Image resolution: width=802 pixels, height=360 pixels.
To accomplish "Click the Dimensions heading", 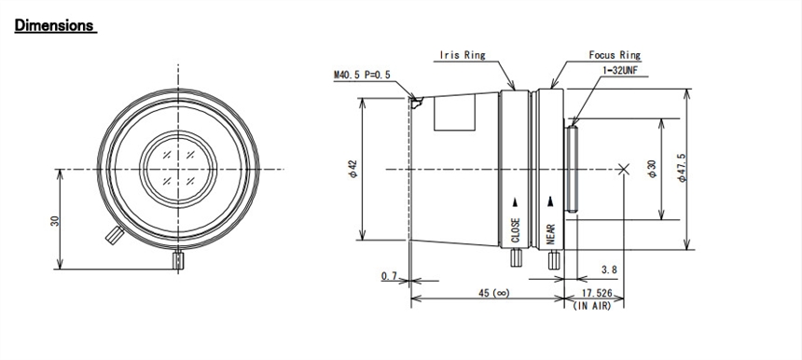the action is coord(54,24).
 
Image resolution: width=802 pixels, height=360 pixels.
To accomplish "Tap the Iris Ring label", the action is coord(463,55).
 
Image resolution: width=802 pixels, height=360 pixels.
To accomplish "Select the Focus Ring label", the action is coord(615,55).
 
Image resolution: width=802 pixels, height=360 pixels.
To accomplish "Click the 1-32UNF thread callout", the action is coord(621,71).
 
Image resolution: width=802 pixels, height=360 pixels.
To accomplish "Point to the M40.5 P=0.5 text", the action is coord(362,76).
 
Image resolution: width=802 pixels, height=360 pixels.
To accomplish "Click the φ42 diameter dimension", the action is coord(353,169).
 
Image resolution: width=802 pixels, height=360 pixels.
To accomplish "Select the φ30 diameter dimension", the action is coord(652,169).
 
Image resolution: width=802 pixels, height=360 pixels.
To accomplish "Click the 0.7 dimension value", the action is coord(389,276).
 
